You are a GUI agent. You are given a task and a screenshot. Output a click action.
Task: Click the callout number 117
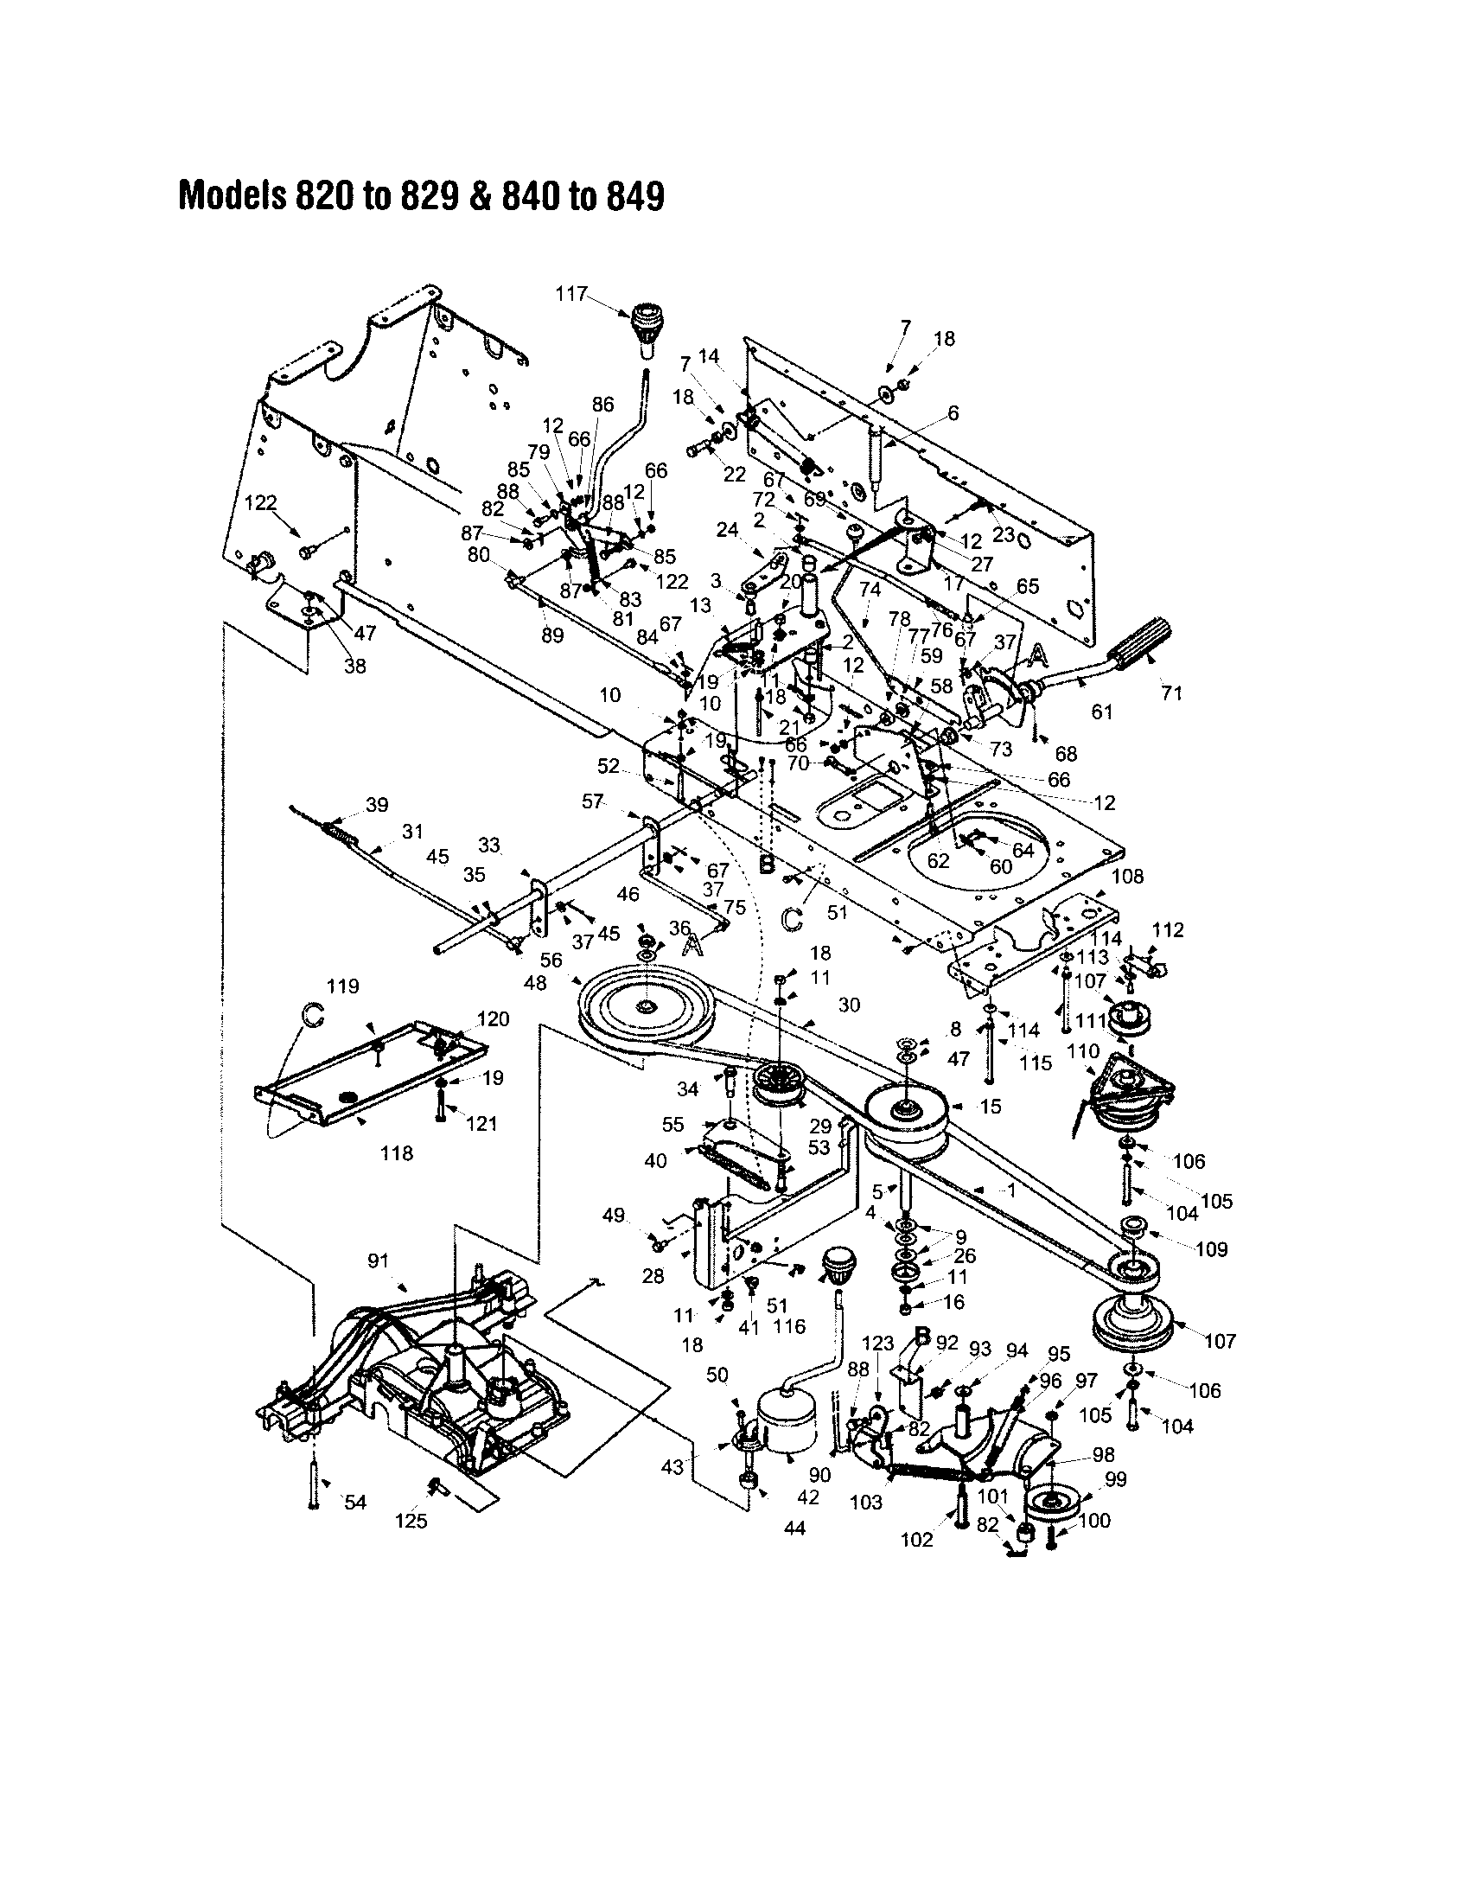[x=571, y=293]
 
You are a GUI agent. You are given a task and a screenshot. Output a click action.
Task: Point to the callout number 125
[x=411, y=1521]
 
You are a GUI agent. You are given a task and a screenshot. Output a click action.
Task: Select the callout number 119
[x=342, y=986]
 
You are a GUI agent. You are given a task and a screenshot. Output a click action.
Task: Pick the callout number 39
[x=377, y=805]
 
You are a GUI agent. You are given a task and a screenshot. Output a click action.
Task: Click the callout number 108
[x=1127, y=875]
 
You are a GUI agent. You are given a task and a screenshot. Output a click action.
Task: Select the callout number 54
[x=355, y=1503]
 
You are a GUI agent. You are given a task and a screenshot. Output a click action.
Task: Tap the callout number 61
[x=1102, y=712]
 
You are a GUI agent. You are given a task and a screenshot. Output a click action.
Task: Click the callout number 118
[x=397, y=1153]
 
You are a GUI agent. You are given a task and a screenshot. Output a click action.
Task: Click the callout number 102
[x=915, y=1540]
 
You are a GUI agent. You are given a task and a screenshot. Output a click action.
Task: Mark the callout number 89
[x=552, y=635]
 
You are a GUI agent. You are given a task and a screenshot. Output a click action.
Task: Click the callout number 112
[x=1168, y=930]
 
